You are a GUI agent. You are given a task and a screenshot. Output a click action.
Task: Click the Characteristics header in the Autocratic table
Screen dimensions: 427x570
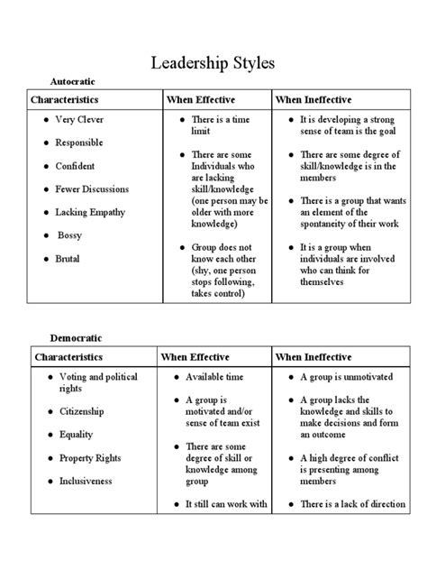pyautogui.click(x=66, y=99)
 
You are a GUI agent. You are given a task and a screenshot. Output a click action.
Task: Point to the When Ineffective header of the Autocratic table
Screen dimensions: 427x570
pyautogui.click(x=313, y=99)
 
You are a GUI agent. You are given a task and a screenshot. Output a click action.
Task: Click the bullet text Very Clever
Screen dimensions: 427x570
pyautogui.click(x=79, y=120)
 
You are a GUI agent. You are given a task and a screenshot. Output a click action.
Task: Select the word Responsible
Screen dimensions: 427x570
pyautogui.click(x=79, y=142)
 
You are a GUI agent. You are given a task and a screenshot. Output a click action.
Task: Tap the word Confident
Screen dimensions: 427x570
pyautogui.click(x=76, y=166)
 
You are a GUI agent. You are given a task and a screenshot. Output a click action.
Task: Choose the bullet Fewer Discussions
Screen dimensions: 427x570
pyautogui.click(x=91, y=189)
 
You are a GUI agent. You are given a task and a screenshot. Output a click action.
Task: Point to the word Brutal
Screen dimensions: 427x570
pyautogui.click(x=68, y=259)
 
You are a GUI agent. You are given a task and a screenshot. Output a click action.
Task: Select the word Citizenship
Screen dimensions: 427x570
pyautogui.click(x=82, y=411)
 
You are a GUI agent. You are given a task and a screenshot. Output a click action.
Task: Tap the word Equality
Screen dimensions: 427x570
pyautogui.click(x=77, y=435)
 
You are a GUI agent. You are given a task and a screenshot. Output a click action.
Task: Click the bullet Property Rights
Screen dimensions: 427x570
pyautogui.click(x=90, y=458)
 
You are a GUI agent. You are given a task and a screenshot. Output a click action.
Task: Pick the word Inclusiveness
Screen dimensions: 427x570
pyautogui.click(x=86, y=482)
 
